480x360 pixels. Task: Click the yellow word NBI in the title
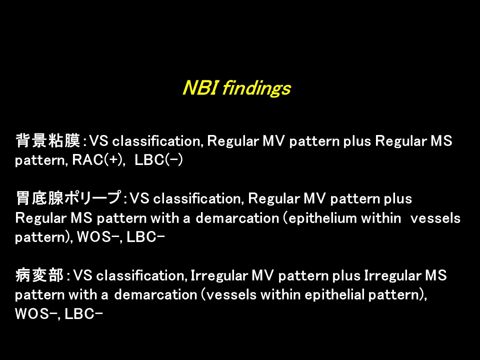pyautogui.click(x=200, y=88)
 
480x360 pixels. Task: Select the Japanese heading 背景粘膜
pyautogui.click(x=48, y=140)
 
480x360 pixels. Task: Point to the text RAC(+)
pyautogui.click(x=98, y=160)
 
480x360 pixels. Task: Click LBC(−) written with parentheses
pyautogui.click(x=158, y=160)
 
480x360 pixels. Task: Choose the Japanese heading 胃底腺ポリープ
pyautogui.click(x=68, y=198)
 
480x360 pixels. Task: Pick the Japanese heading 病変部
pyautogui.click(x=39, y=275)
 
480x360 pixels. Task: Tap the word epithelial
pyautogui.click(x=334, y=295)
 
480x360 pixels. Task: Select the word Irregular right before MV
pyautogui.click(x=219, y=276)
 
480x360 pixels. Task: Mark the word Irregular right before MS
pyautogui.click(x=392, y=276)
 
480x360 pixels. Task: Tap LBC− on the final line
pyautogui.click(x=84, y=314)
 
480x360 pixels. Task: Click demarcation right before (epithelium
pyautogui.click(x=237, y=218)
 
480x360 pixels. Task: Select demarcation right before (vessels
pyautogui.click(x=155, y=295)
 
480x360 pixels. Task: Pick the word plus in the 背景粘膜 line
pyautogui.click(x=357, y=141)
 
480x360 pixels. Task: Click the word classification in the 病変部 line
pyautogui.click(x=141, y=276)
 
